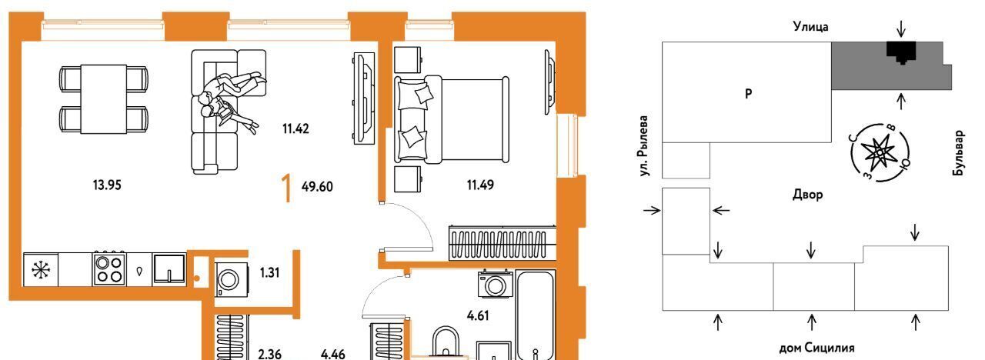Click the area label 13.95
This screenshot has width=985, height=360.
click(107, 185)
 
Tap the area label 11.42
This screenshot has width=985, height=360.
click(295, 128)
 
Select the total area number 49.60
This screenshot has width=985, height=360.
click(317, 186)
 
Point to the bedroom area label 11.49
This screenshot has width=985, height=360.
click(480, 185)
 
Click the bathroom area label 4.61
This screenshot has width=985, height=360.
click(478, 315)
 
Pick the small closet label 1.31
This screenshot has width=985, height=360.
click(269, 272)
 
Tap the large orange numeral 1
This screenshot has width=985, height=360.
click(287, 188)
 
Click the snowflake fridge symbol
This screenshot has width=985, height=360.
click(41, 269)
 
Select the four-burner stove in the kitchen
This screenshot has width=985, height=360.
click(109, 269)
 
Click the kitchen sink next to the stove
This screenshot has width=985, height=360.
click(169, 268)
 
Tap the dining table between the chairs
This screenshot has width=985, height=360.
click(104, 99)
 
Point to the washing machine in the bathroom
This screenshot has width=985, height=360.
click(496, 285)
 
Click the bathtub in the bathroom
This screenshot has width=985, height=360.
click(535, 315)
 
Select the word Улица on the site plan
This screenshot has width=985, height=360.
click(811, 27)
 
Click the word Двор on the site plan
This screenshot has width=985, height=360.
click(808, 195)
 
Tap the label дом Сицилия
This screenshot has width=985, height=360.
click(816, 348)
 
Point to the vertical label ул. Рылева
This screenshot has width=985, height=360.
click(644, 146)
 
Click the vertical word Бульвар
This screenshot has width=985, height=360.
click(959, 153)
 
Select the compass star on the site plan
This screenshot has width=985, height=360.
click(879, 152)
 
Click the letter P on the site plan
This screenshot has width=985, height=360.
click(749, 93)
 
